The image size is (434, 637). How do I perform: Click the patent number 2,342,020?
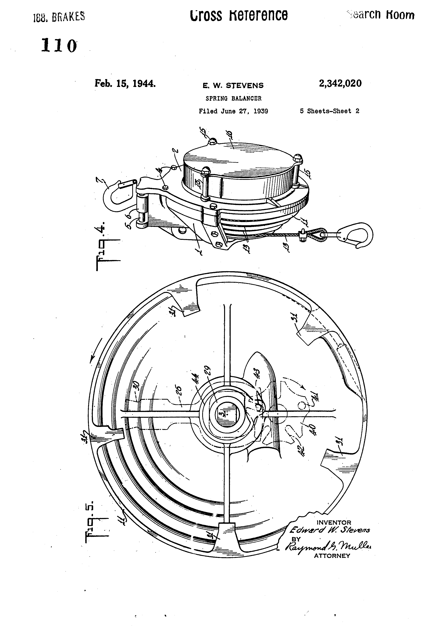(x=340, y=83)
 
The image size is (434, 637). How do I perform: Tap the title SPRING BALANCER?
(x=233, y=98)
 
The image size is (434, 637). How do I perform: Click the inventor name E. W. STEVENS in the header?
(x=233, y=86)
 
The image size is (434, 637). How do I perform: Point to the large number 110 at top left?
(x=59, y=46)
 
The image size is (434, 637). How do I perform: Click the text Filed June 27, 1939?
(x=233, y=111)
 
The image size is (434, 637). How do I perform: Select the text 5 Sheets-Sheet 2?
(x=329, y=111)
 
